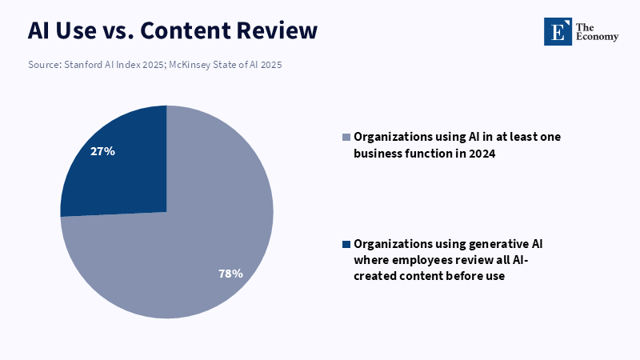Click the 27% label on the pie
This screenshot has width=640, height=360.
point(102,151)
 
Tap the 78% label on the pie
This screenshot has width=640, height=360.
point(230,274)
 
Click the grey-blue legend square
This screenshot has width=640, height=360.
point(346,137)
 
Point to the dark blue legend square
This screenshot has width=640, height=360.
point(346,245)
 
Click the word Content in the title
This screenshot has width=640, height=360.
point(185,30)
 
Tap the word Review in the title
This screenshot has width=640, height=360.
point(277,30)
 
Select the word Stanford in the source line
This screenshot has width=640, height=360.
point(83,65)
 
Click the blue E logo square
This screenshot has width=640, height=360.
point(558,31)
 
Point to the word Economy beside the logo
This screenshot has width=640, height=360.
point(597,37)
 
